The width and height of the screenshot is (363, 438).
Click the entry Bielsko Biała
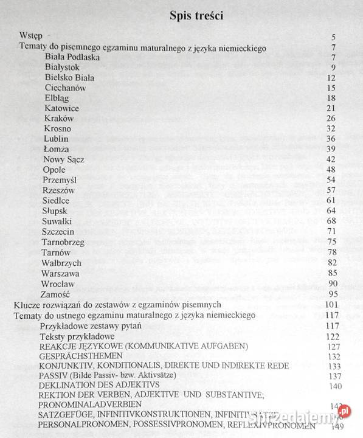(70, 77)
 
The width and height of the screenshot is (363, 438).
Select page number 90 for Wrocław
(348, 283)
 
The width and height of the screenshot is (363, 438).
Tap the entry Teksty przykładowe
(78, 336)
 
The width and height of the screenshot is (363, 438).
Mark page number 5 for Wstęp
(350, 38)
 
